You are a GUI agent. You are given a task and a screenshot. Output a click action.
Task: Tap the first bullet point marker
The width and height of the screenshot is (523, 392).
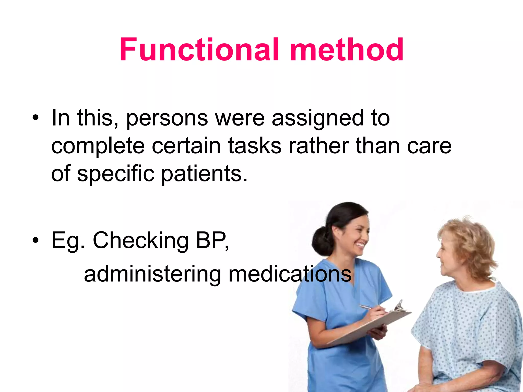point(35,118)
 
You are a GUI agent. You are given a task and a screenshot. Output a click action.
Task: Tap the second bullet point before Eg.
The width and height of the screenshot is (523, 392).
point(35,240)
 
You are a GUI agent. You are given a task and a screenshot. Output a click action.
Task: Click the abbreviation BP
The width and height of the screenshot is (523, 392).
point(211,240)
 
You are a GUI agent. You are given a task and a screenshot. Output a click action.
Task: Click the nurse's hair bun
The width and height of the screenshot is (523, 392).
point(322,241)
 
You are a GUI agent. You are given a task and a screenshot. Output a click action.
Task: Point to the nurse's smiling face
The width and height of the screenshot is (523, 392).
point(355,235)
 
